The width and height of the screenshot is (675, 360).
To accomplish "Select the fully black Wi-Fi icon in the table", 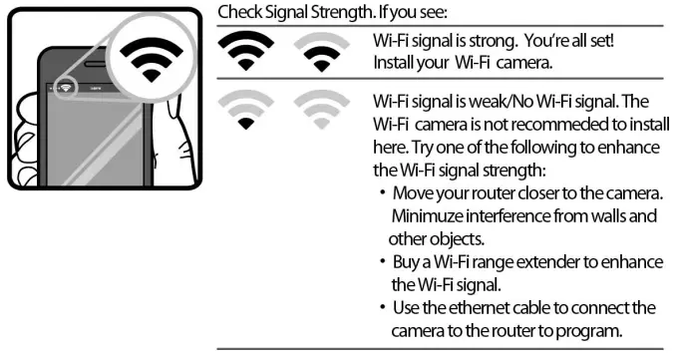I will tap(244, 51).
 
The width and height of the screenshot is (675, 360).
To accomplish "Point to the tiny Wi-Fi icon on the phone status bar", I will tap(63, 85).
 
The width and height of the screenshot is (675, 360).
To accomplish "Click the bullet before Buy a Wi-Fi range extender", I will tap(383, 261).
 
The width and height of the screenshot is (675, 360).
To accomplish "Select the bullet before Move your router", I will tap(383, 192).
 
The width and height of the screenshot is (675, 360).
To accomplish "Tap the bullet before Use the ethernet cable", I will tap(383, 307).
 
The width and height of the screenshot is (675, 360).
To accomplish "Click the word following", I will tap(549, 148).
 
